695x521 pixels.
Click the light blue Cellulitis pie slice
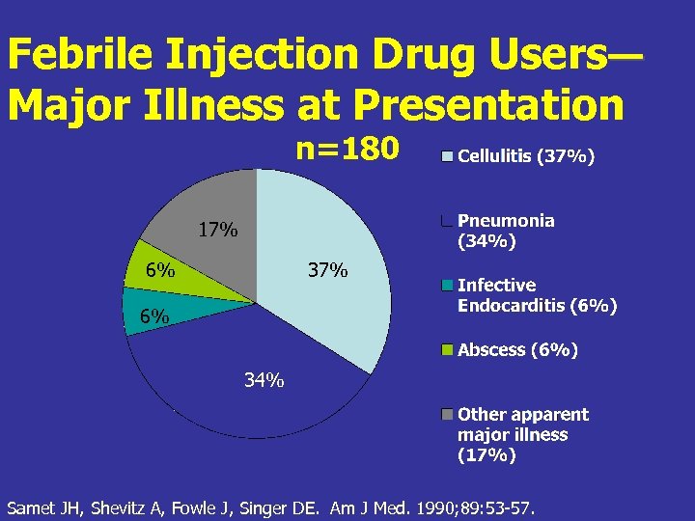tap(319, 232)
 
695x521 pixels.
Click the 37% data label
tap(327, 270)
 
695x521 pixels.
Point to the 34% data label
tap(264, 380)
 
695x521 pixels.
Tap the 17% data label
tap(217, 231)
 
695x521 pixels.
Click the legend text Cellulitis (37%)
tap(526, 156)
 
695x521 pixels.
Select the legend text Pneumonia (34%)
tap(506, 232)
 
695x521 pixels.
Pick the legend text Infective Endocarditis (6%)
tap(537, 296)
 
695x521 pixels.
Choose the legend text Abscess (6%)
tap(517, 351)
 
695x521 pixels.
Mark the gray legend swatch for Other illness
tap(446, 415)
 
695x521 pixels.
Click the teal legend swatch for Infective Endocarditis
tap(446, 286)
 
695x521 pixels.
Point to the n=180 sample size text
tap(347, 150)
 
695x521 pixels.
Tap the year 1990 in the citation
tap(436, 507)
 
